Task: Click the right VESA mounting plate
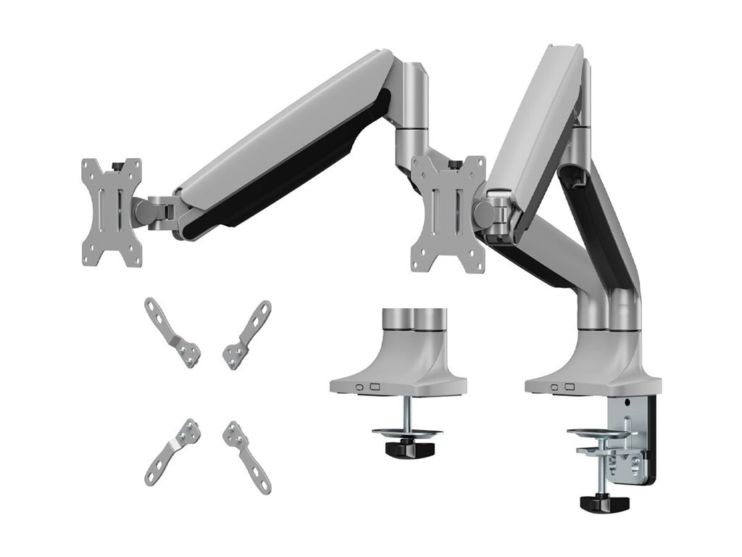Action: [448, 214]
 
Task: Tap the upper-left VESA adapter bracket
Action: [172, 333]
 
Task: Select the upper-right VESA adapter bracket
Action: [247, 334]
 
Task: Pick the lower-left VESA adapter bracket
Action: [172, 452]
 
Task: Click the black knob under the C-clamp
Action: [604, 503]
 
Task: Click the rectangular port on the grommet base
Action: [375, 387]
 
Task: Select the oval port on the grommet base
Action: [359, 387]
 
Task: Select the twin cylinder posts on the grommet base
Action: [414, 318]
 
